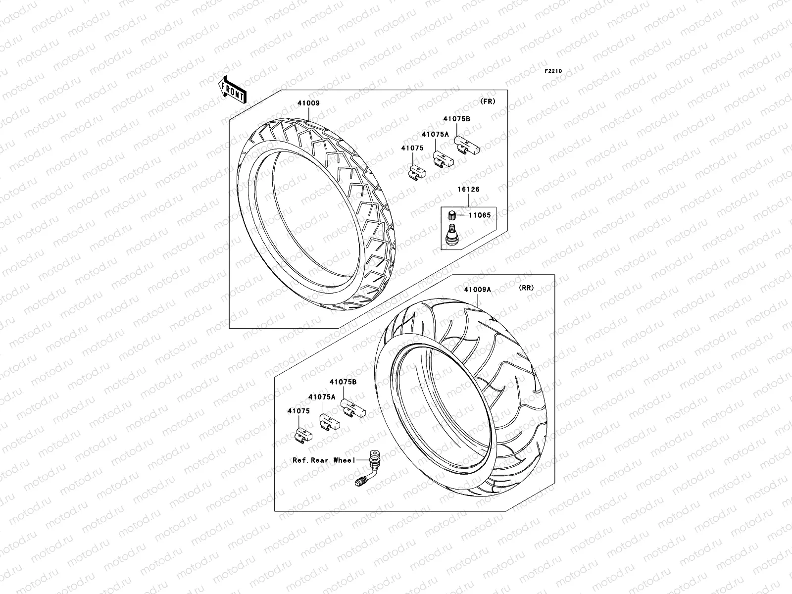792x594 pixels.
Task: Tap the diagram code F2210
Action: point(553,71)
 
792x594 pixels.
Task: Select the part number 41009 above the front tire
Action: point(308,103)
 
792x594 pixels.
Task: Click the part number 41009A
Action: point(477,290)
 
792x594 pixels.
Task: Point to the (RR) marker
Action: point(526,288)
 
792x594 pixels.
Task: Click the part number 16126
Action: point(468,189)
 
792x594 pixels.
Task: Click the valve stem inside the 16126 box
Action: point(451,234)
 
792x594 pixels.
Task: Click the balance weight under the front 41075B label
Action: point(466,145)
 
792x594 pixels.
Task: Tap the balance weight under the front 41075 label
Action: point(417,171)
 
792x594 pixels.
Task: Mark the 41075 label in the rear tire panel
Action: point(298,411)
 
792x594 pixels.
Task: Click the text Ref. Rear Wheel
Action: point(324,460)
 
